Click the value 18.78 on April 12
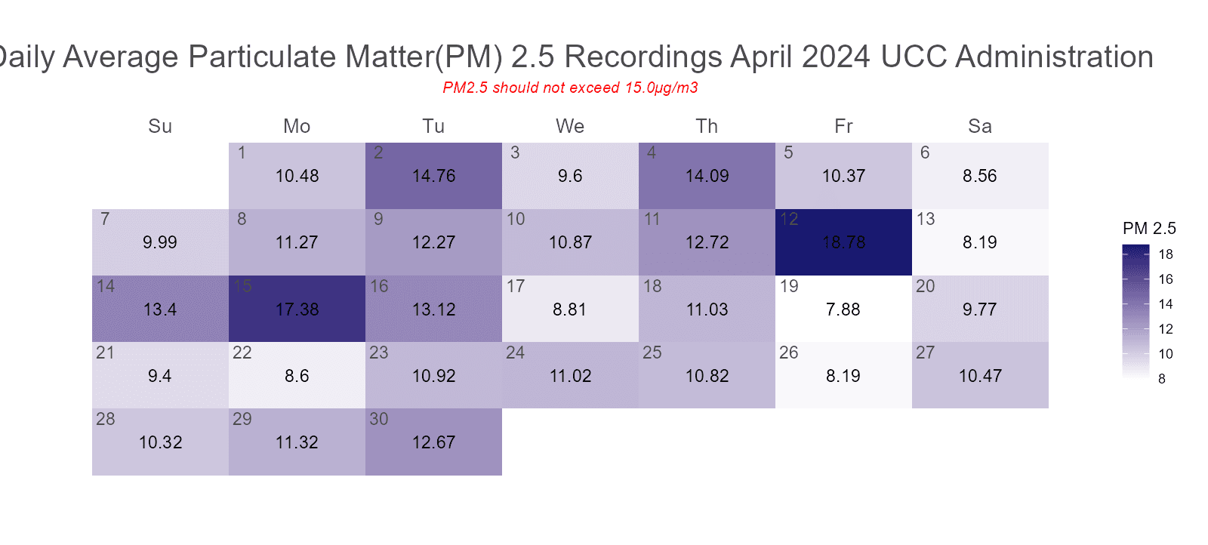click(843, 242)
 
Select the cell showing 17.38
click(297, 309)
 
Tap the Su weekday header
click(160, 126)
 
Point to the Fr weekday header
click(843, 126)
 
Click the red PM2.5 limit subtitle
click(570, 88)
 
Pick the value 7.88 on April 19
click(843, 309)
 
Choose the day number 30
click(379, 419)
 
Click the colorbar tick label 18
click(1166, 254)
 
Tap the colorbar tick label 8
click(1162, 379)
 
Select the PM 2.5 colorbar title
click(1149, 229)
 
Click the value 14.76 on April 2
click(434, 176)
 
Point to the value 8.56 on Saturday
click(980, 176)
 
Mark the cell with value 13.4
click(160, 309)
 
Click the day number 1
click(242, 152)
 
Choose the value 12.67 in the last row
click(434, 442)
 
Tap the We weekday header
click(570, 126)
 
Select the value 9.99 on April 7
click(160, 242)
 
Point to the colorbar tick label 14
click(1166, 304)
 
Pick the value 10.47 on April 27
click(980, 376)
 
